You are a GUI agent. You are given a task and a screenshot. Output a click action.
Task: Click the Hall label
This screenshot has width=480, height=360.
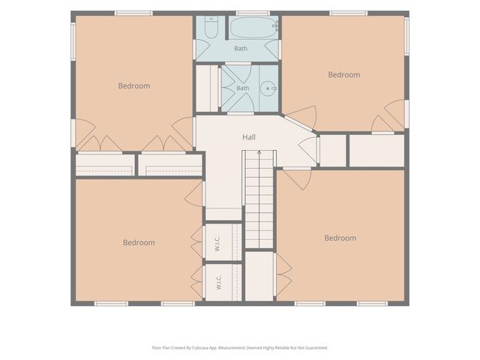[x=249, y=137]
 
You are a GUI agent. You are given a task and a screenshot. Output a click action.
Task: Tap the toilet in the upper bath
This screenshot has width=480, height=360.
[x=211, y=28]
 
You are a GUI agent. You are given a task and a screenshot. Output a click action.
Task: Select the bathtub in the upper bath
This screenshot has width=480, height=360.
[x=253, y=28]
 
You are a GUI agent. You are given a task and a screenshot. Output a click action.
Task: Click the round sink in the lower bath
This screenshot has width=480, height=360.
[x=268, y=88]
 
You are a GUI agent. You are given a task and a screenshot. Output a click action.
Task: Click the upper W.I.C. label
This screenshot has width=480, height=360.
[x=217, y=244]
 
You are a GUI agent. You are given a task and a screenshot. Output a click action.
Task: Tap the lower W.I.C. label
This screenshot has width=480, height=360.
[x=218, y=283]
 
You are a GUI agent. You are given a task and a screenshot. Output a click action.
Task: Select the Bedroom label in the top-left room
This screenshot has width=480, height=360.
[x=134, y=86]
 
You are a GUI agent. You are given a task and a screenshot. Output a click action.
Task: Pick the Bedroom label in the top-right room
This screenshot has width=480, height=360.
[x=344, y=75]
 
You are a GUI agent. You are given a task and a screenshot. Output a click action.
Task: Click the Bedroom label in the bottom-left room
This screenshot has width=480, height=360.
[x=139, y=243]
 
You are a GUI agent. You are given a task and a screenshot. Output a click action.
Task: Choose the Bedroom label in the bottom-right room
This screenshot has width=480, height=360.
[x=340, y=238]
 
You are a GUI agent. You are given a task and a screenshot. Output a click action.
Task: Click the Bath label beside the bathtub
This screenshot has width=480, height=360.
[x=241, y=48]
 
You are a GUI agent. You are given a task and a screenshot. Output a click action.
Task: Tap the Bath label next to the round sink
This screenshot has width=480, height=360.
[x=243, y=88]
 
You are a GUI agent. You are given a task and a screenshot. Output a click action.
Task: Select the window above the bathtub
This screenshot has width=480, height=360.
[x=253, y=13]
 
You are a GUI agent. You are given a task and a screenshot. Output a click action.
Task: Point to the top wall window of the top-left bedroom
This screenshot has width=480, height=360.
[x=133, y=13]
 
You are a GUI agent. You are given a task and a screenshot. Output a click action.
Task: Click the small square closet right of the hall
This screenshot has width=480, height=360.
[x=333, y=151]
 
